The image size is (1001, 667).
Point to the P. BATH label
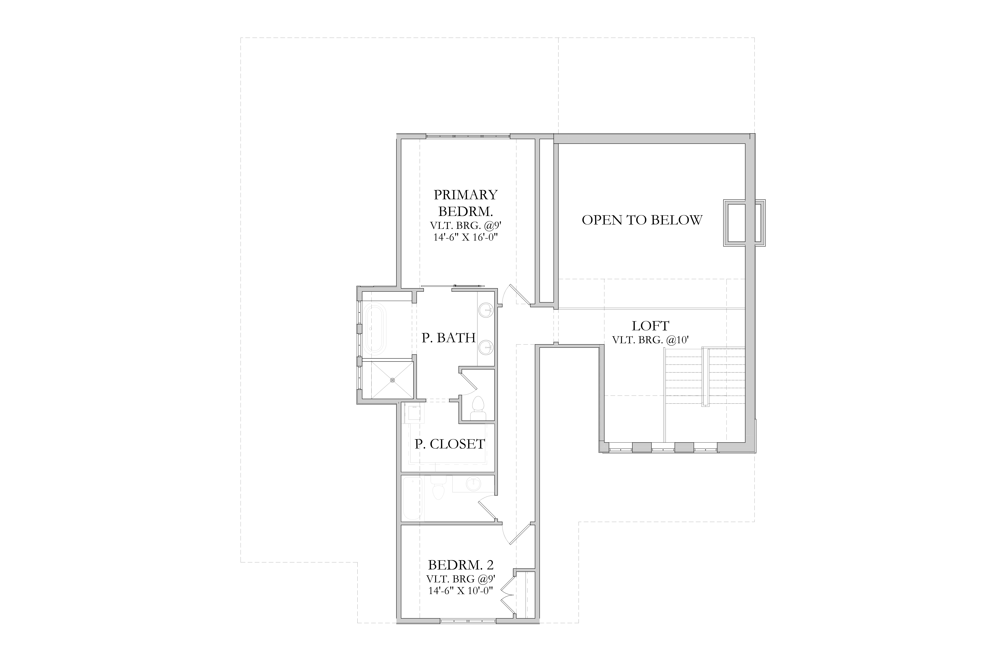449,338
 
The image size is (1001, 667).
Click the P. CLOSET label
450,444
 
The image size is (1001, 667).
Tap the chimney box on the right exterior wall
744,223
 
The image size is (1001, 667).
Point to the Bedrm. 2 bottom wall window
468,621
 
